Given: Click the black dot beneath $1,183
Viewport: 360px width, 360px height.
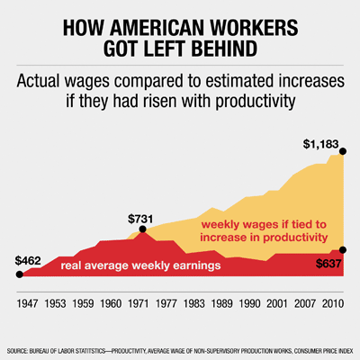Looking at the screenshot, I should [x=341, y=154].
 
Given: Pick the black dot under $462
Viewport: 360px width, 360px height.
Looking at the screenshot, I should [x=19, y=274].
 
